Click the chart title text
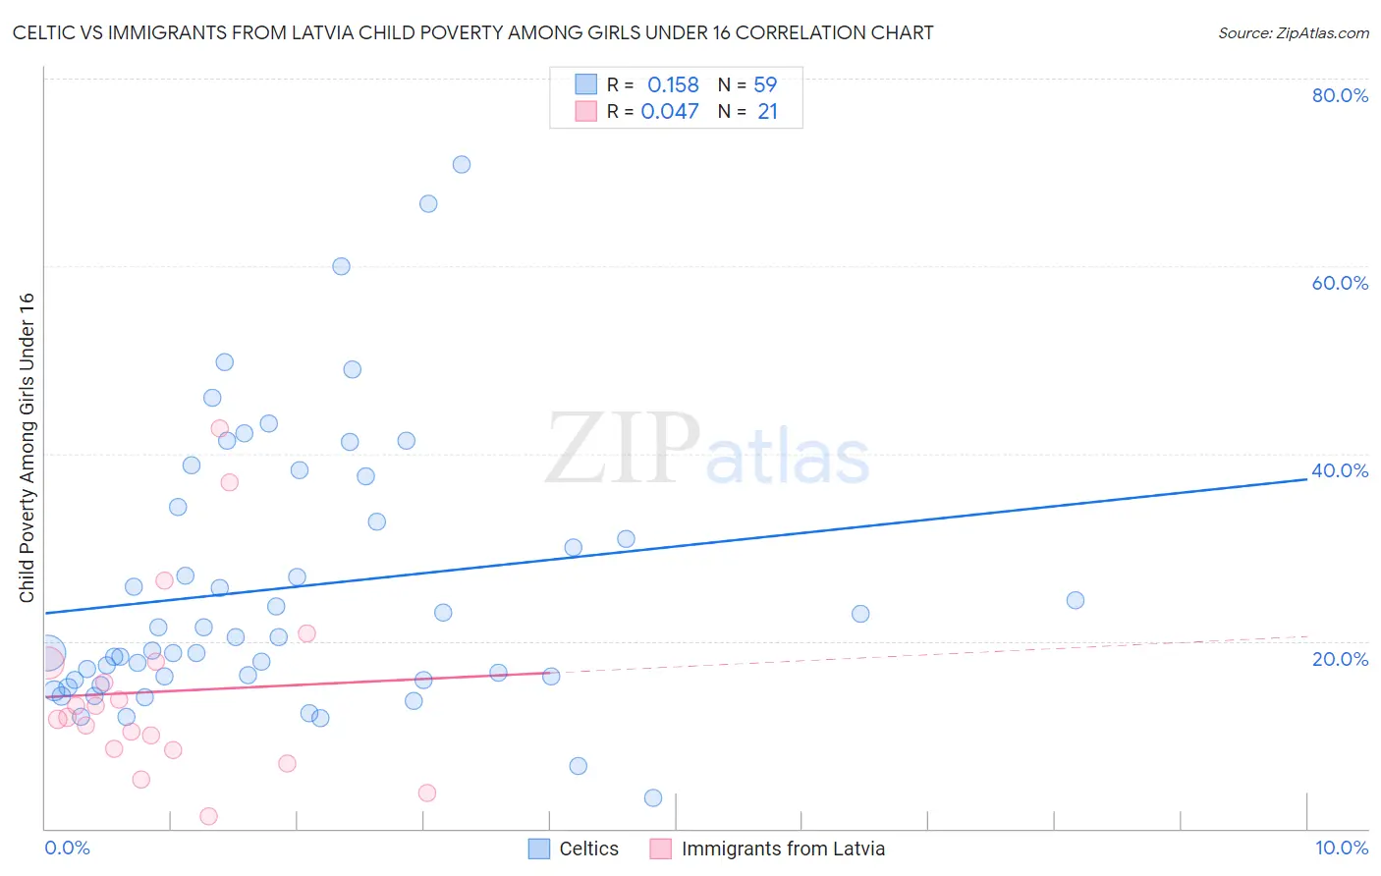472,32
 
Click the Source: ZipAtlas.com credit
1293,32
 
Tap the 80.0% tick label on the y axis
1340,95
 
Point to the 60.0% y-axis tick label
1340,283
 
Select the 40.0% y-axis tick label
1340,470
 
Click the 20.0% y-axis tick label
1340,659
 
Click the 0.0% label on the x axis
67,848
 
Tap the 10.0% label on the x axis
1342,848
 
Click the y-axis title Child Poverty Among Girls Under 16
27,448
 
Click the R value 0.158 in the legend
673,85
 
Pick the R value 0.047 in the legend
670,112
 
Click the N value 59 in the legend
765,85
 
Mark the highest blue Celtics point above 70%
462,165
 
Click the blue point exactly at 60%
341,266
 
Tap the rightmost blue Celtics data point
1076,600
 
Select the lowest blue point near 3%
653,797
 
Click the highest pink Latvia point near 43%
220,428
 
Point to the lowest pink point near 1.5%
208,816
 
